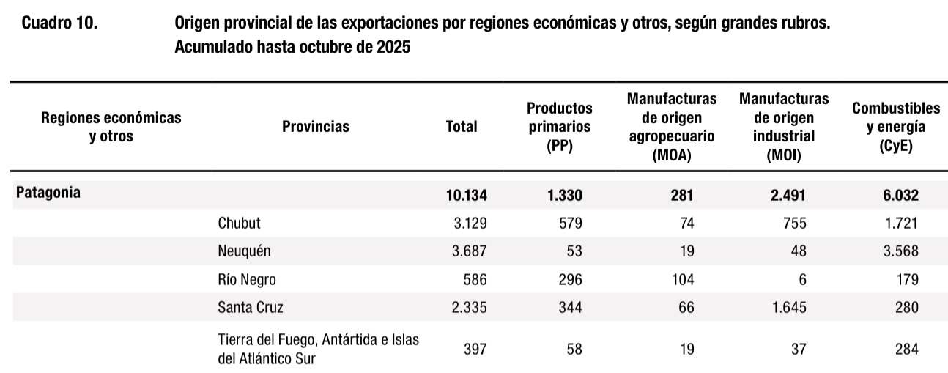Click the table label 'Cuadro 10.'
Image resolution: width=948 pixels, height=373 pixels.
[x=59, y=23]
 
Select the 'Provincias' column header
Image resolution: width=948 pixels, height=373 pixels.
[x=316, y=126]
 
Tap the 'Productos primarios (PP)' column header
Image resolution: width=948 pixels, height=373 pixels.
[x=559, y=126]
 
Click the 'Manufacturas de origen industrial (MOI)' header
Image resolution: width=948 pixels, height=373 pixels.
[x=783, y=126]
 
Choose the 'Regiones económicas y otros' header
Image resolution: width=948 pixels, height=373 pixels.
[x=111, y=126]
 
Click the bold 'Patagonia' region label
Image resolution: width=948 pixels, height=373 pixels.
[x=48, y=193]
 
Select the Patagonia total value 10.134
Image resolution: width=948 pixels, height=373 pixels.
[x=466, y=195]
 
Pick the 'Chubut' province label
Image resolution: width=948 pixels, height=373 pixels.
[x=239, y=223]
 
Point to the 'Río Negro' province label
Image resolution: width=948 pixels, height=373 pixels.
[x=247, y=279]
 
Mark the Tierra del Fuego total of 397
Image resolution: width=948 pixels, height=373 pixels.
[x=474, y=350]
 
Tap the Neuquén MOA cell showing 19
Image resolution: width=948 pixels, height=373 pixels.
[x=686, y=251]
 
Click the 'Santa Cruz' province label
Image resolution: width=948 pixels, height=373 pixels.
[x=250, y=308]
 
